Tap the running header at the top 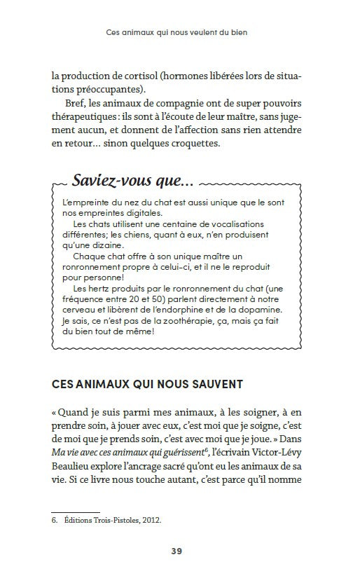tap(180, 33)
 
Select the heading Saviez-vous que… tap(132, 181)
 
